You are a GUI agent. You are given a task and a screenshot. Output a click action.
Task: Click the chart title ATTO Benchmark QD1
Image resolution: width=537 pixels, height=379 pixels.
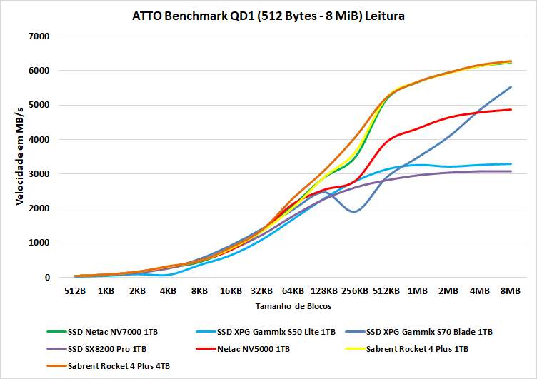click(x=268, y=16)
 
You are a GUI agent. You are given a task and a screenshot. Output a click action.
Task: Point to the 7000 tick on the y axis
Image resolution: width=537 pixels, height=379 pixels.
click(x=38, y=36)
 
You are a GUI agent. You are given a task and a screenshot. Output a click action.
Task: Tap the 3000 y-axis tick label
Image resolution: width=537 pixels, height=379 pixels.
click(x=38, y=174)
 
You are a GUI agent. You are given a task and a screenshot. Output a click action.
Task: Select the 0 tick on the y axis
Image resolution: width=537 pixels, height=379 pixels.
click(x=46, y=278)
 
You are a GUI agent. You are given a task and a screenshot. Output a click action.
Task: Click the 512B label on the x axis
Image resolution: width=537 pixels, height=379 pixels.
click(x=75, y=291)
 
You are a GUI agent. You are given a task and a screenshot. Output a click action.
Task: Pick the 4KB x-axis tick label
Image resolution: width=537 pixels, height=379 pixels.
click(x=168, y=291)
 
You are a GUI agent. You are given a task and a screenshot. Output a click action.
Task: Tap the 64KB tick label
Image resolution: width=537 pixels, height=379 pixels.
click(x=292, y=291)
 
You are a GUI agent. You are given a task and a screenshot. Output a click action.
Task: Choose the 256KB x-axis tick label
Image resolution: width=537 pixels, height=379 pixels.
click(x=355, y=291)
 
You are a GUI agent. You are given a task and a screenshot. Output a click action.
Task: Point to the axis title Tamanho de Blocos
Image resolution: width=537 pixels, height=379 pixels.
click(x=293, y=305)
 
